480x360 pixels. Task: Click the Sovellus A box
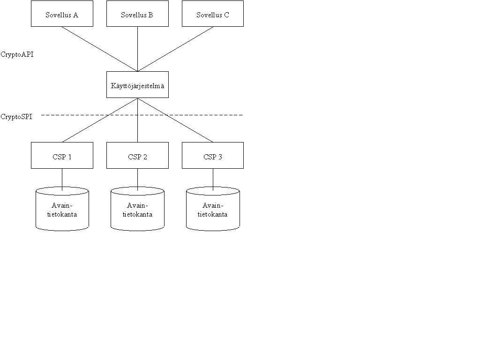tap(62, 14)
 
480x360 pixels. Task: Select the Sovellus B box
tap(137, 14)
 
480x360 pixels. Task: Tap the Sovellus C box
tap(213, 14)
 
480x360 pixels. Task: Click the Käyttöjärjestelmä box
tap(137, 85)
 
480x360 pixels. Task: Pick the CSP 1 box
tap(62, 155)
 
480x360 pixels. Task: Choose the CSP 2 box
tap(137, 155)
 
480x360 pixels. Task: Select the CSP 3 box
tap(213, 155)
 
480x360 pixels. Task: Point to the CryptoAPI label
tap(17, 54)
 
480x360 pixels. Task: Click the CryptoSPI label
tap(16, 117)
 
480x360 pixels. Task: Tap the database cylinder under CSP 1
tap(62, 209)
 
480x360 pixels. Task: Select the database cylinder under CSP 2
tap(137, 209)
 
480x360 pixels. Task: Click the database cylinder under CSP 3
tap(213, 209)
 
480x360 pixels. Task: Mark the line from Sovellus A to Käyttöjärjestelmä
tap(100, 49)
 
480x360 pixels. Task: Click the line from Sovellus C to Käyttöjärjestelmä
tap(175, 49)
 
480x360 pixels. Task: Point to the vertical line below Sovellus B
tap(137, 49)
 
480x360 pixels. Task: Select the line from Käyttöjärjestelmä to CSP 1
tap(100, 120)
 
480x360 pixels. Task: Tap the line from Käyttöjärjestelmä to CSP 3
tap(175, 120)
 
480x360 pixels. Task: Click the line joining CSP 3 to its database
tap(213, 180)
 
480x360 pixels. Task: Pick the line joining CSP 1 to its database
tap(62, 180)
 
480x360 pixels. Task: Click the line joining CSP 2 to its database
tap(137, 180)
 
